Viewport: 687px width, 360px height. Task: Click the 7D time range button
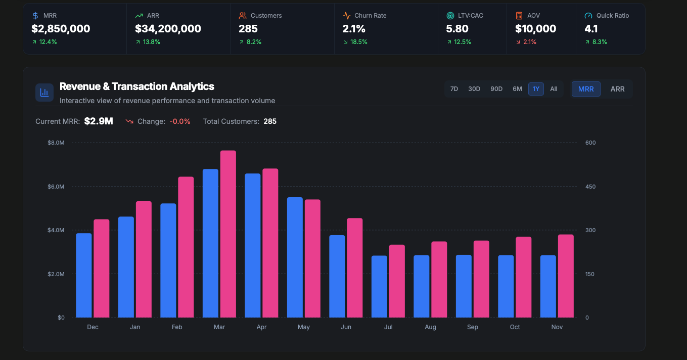coord(454,89)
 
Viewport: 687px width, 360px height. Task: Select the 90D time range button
coord(496,89)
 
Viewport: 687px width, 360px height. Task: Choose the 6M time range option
coord(517,89)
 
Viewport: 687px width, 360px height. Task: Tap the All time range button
coord(554,89)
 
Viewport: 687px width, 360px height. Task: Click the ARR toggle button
coord(617,89)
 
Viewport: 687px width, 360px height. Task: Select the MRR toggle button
coord(586,89)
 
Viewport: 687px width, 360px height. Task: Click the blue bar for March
coord(210,243)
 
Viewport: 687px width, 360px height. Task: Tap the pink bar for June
coord(355,268)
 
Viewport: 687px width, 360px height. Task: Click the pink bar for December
coord(102,268)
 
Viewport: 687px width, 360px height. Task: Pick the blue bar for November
coord(548,286)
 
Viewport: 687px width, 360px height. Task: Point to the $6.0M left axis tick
coord(56,187)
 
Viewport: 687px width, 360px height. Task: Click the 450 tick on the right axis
coord(590,187)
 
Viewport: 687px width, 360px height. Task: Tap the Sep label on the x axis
coord(473,327)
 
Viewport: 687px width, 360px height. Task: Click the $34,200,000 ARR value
coord(168,29)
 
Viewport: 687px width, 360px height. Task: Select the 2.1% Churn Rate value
coord(354,29)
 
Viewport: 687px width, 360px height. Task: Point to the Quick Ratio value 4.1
coord(591,29)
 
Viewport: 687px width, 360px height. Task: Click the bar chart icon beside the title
coord(44,93)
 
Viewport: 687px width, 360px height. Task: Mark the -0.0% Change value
coord(180,121)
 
